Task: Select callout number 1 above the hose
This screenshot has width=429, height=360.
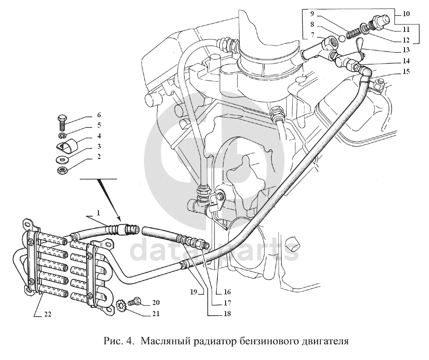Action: click(x=98, y=213)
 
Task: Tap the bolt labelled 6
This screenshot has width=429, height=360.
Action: click(x=63, y=121)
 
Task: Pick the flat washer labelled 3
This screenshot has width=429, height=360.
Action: click(x=62, y=159)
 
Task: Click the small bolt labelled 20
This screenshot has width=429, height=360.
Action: click(x=135, y=301)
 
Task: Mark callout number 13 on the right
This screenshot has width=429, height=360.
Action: click(x=405, y=49)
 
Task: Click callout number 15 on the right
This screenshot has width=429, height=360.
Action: click(x=405, y=72)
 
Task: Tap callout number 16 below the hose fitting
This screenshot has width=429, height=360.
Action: click(x=227, y=292)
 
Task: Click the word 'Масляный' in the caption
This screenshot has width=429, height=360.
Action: click(x=160, y=342)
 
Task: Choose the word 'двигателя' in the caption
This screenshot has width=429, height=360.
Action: click(x=325, y=342)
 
